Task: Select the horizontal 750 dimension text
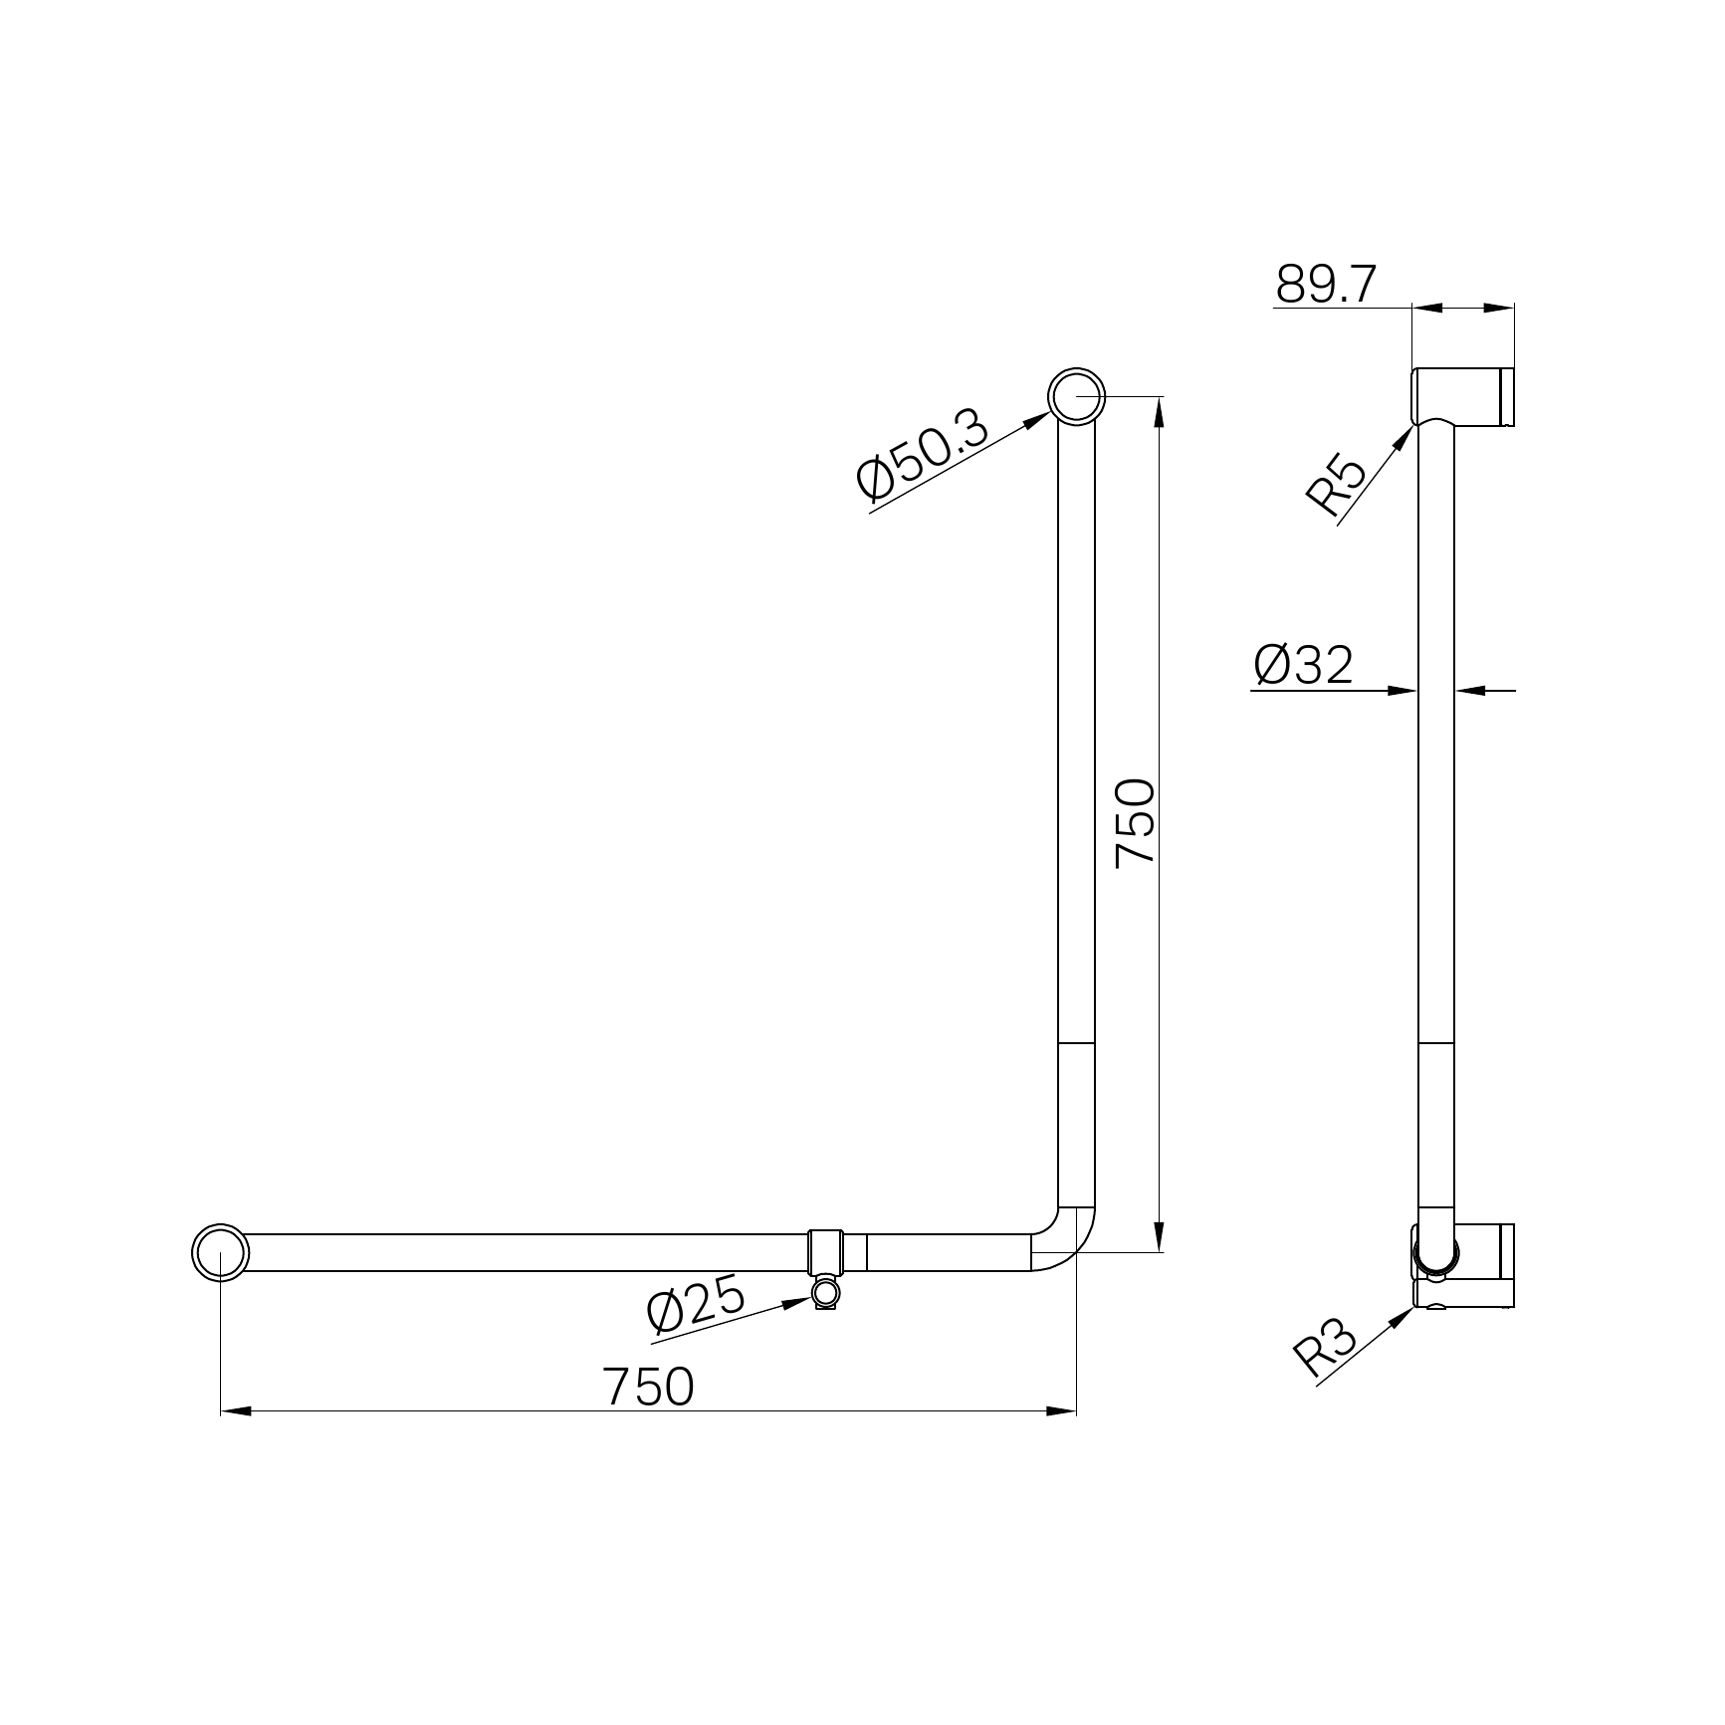[647, 1386]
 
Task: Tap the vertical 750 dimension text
[1135, 823]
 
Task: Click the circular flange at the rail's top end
[1076, 396]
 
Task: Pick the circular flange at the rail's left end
[219, 1252]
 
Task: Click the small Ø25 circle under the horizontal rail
[826, 1293]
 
